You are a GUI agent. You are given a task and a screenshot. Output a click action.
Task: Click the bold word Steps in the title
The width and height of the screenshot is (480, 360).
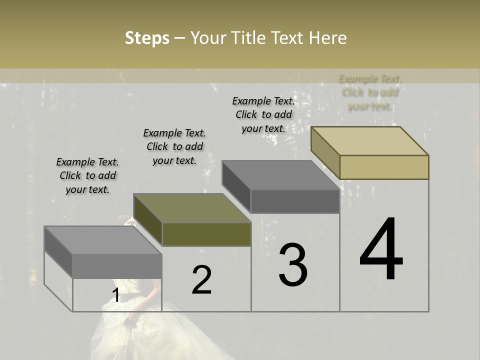147,38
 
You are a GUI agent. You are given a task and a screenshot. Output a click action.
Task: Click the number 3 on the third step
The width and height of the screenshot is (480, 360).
293,265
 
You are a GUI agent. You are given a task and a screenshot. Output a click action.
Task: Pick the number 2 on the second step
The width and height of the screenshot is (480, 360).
201,280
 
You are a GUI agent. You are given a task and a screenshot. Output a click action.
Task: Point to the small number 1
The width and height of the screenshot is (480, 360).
115,295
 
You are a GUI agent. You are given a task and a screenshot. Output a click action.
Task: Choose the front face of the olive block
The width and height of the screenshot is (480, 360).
206,234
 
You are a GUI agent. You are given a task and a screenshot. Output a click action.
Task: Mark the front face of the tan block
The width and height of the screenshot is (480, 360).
384,167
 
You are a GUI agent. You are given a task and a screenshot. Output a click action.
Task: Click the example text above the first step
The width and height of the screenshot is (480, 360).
87,175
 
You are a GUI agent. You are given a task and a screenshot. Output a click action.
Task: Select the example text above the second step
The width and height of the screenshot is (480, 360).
174,146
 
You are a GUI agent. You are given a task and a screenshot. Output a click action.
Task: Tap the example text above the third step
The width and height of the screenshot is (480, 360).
263,114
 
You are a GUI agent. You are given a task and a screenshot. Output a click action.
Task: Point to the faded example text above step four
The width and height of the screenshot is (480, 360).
370,92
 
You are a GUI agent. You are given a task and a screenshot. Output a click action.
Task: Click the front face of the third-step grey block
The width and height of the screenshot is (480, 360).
295,201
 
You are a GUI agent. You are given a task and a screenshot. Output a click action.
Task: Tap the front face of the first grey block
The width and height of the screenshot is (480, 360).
117,266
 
